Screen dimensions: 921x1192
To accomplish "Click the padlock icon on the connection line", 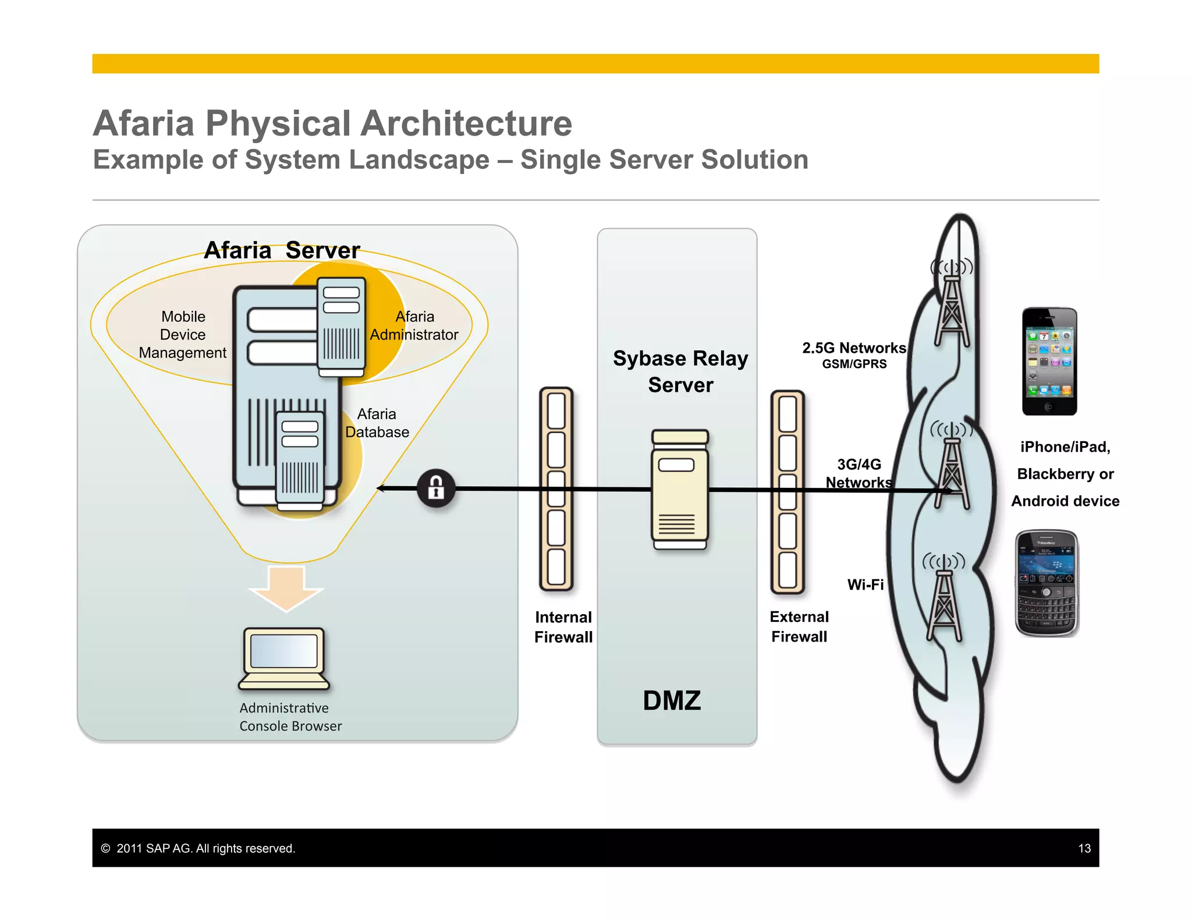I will click(x=436, y=488).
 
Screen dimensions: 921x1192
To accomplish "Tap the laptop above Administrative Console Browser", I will click(x=284, y=658).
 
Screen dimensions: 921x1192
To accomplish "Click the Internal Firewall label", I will click(x=563, y=627).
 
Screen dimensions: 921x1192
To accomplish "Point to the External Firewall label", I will click(x=799, y=626).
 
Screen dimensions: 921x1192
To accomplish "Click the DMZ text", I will click(x=672, y=700).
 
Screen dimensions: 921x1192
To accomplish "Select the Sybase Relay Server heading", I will click(x=680, y=371).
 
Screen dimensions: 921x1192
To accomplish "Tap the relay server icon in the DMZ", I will click(x=680, y=490).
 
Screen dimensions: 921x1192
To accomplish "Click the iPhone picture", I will click(x=1049, y=362).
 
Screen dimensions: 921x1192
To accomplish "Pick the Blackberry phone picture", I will click(x=1046, y=583).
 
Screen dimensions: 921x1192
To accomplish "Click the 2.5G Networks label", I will click(x=854, y=348).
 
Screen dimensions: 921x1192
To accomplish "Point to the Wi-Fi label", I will click(x=865, y=585).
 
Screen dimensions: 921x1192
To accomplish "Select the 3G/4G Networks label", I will click(x=859, y=473).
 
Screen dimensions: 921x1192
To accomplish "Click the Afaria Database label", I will click(x=377, y=423).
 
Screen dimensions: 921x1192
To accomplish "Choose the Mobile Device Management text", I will click(x=183, y=335).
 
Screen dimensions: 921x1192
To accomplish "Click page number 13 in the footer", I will click(x=1084, y=848).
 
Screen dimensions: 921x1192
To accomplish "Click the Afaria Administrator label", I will click(x=414, y=326).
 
